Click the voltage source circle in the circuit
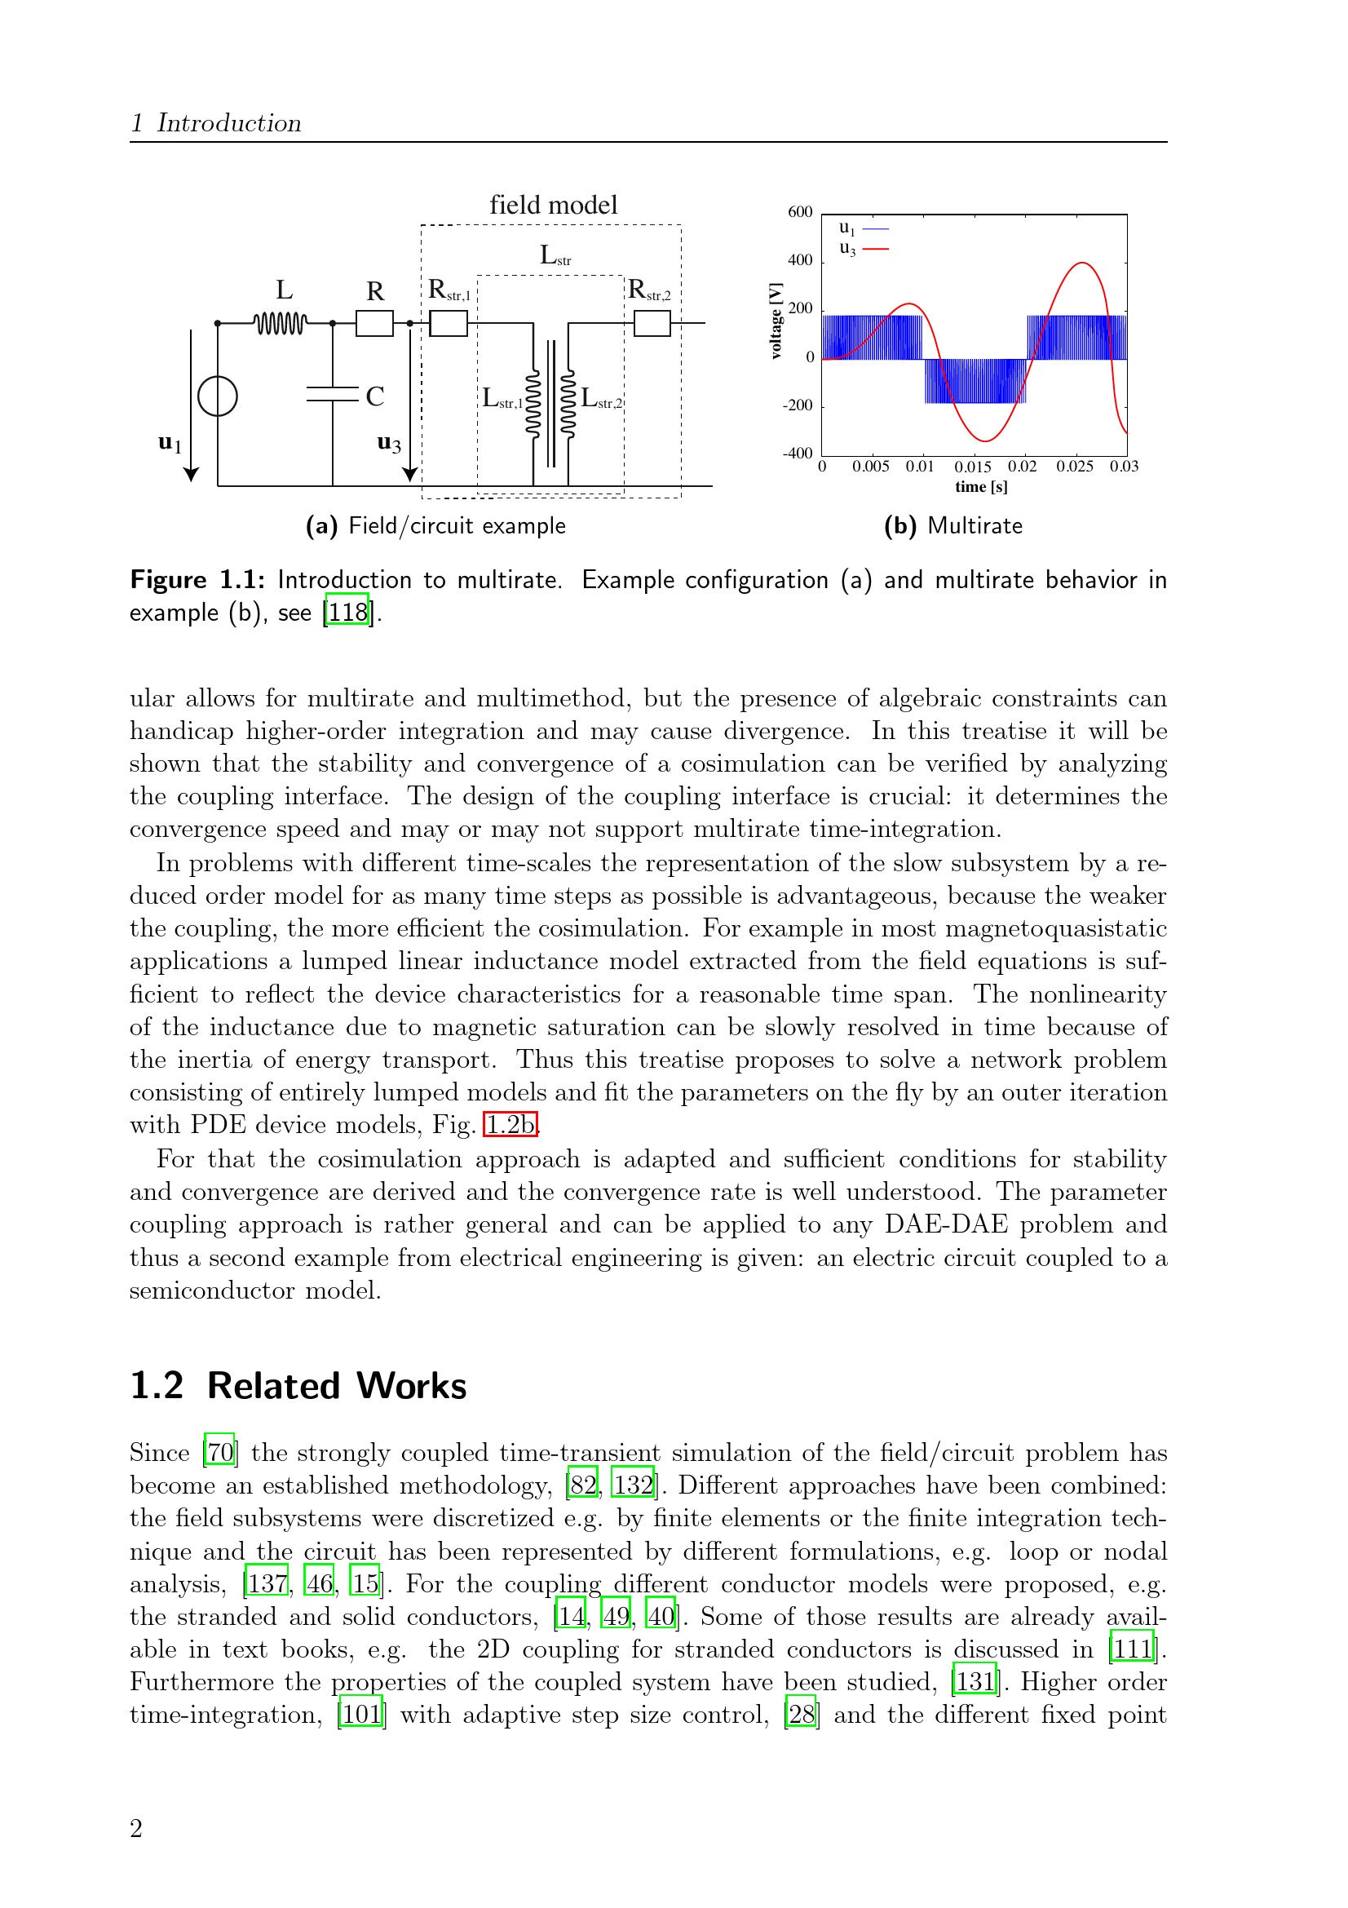click(218, 396)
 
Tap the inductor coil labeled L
click(281, 322)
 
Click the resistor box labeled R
click(374, 322)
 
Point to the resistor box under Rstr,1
click(449, 322)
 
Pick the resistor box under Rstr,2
click(652, 322)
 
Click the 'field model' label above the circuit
click(553, 206)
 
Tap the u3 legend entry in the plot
click(863, 249)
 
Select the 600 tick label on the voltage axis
click(800, 212)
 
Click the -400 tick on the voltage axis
click(798, 454)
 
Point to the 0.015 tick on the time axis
click(973, 467)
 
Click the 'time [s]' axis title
click(981, 487)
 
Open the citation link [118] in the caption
click(347, 613)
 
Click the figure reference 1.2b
click(510, 1125)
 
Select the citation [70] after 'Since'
click(220, 1453)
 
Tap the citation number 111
click(1132, 1649)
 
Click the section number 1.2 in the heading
click(157, 1386)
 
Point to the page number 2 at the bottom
click(136, 1828)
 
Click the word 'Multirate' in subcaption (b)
click(975, 526)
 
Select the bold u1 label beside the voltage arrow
click(170, 443)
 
